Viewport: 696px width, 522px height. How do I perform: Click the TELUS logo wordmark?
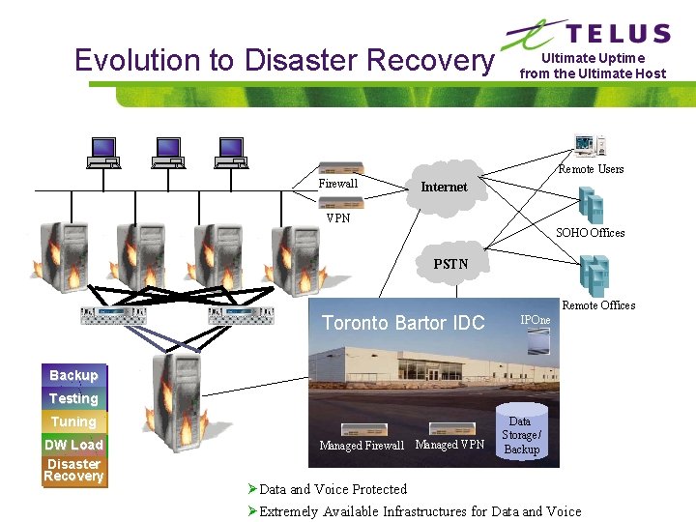pyautogui.click(x=618, y=34)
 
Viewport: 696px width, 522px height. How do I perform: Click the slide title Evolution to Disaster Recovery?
pyautogui.click(x=283, y=60)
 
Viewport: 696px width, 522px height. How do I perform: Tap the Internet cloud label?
pyautogui.click(x=444, y=187)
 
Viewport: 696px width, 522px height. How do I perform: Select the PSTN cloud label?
pyautogui.click(x=450, y=263)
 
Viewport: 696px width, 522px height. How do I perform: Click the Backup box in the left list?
pyautogui.click(x=73, y=375)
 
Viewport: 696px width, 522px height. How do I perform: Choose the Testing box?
pyautogui.click(x=73, y=398)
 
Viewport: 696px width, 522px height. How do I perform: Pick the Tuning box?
pyautogui.click(x=73, y=421)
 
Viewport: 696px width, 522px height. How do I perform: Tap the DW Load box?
pyautogui.click(x=73, y=445)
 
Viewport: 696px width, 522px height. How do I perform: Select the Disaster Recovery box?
pyautogui.click(x=73, y=470)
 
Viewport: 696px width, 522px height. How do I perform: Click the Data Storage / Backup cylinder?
pyautogui.click(x=520, y=434)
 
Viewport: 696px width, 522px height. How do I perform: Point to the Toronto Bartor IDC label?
pyautogui.click(x=403, y=323)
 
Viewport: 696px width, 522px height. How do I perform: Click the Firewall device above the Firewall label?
pyautogui.click(x=340, y=168)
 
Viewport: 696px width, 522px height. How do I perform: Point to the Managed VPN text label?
pyautogui.click(x=449, y=445)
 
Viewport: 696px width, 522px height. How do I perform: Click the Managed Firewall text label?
pyautogui.click(x=362, y=446)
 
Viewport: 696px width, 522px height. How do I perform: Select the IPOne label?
pyautogui.click(x=536, y=320)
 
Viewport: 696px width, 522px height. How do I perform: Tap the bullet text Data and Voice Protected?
pyautogui.click(x=333, y=489)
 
